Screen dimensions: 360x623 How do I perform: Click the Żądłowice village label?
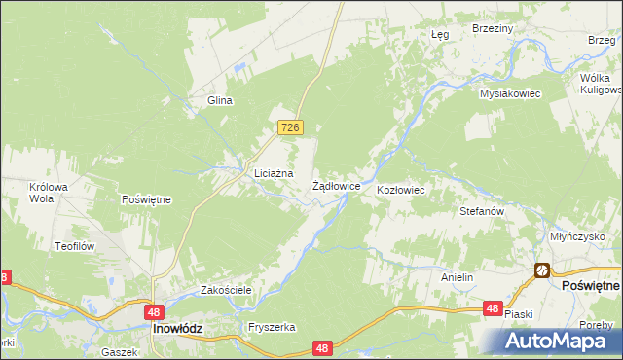click(x=337, y=185)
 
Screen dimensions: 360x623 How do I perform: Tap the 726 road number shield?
click(x=290, y=127)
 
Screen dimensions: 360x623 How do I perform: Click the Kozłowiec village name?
click(x=400, y=190)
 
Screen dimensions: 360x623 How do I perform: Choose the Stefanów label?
click(x=481, y=210)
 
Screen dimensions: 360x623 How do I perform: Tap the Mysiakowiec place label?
click(x=509, y=93)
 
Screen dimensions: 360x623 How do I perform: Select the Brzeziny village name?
click(x=492, y=29)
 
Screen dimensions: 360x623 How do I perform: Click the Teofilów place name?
click(x=73, y=247)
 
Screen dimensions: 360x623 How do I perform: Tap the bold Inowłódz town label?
click(x=177, y=329)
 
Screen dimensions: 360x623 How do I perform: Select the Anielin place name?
click(x=457, y=277)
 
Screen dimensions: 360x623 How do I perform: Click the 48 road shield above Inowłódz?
click(x=154, y=312)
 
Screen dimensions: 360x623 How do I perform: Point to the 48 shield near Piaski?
click(x=494, y=308)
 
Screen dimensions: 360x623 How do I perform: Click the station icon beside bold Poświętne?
click(x=541, y=270)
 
